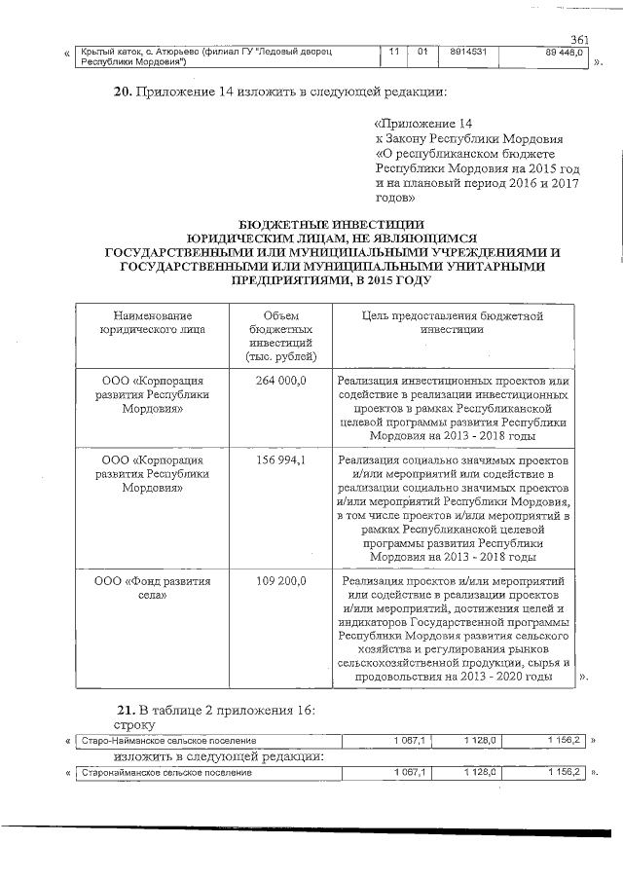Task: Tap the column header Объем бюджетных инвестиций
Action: [280, 336]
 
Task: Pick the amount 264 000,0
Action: [280, 381]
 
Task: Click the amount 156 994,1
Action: [280, 459]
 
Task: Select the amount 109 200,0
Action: [280, 581]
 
